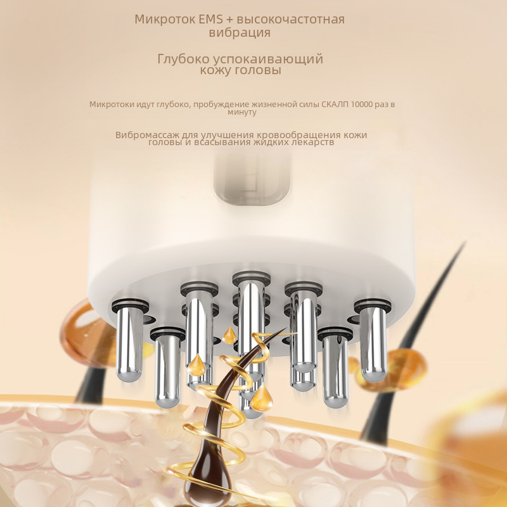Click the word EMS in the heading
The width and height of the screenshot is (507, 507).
tap(210, 19)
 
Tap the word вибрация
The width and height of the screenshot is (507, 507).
tap(240, 33)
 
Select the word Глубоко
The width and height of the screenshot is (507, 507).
tap(183, 59)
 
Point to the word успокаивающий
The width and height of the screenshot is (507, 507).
tap(268, 60)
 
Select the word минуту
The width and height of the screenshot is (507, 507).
tap(242, 112)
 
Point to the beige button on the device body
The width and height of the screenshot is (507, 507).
tap(251, 179)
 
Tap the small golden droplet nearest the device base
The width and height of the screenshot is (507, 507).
tap(229, 335)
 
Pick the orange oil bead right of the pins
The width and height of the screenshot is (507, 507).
tap(404, 369)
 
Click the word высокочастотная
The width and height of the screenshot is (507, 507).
tap(290, 19)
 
